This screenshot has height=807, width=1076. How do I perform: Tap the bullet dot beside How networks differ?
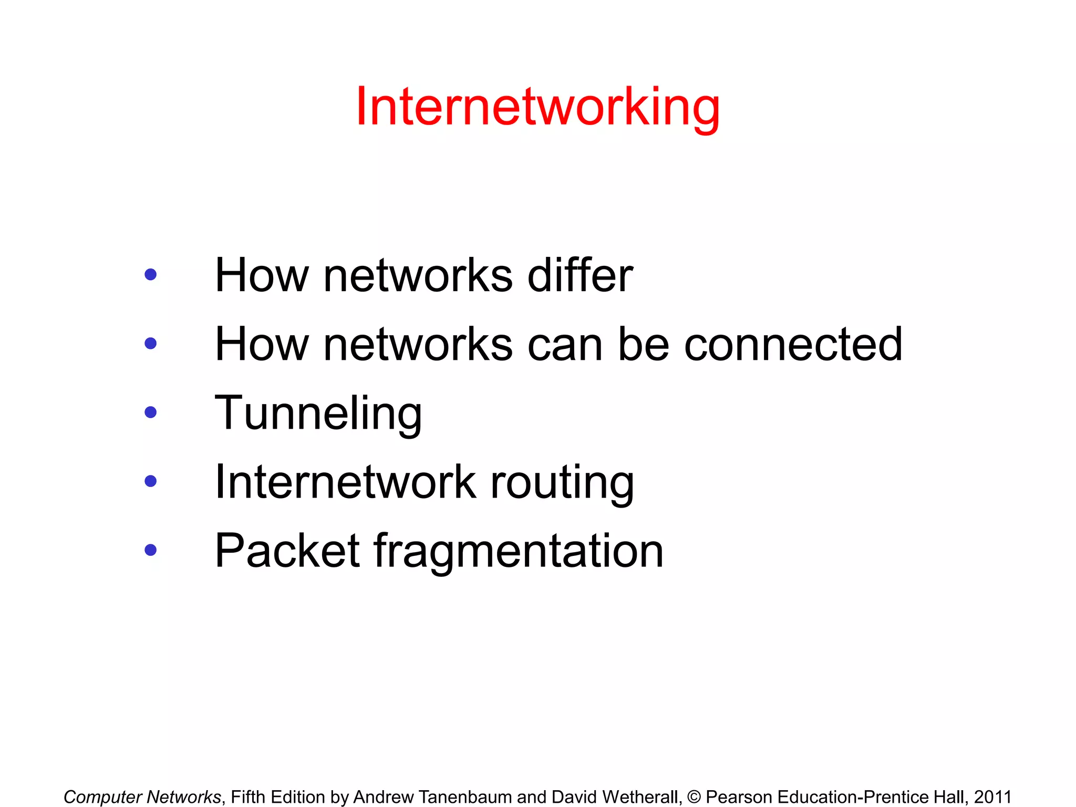coord(151,274)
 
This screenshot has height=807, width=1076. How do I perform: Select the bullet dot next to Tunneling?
coord(151,412)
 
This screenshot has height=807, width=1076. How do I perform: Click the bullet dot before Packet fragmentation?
coord(151,550)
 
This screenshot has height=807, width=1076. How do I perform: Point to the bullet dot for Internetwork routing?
coord(151,481)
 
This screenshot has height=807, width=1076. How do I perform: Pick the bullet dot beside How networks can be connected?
coord(151,344)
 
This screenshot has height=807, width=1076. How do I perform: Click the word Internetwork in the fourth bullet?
coord(346,482)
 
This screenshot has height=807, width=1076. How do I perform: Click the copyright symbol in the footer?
coord(694,797)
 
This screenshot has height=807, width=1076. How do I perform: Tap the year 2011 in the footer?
coord(992,797)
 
